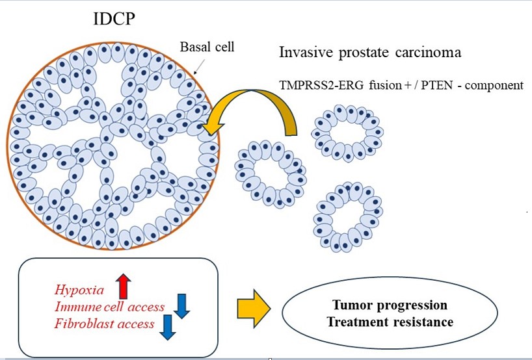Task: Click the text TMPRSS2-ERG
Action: tap(315, 84)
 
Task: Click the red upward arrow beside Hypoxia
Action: tap(122, 285)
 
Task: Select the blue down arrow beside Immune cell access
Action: tap(181, 305)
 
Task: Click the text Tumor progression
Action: tap(389, 305)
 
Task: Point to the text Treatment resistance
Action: tap(389, 321)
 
